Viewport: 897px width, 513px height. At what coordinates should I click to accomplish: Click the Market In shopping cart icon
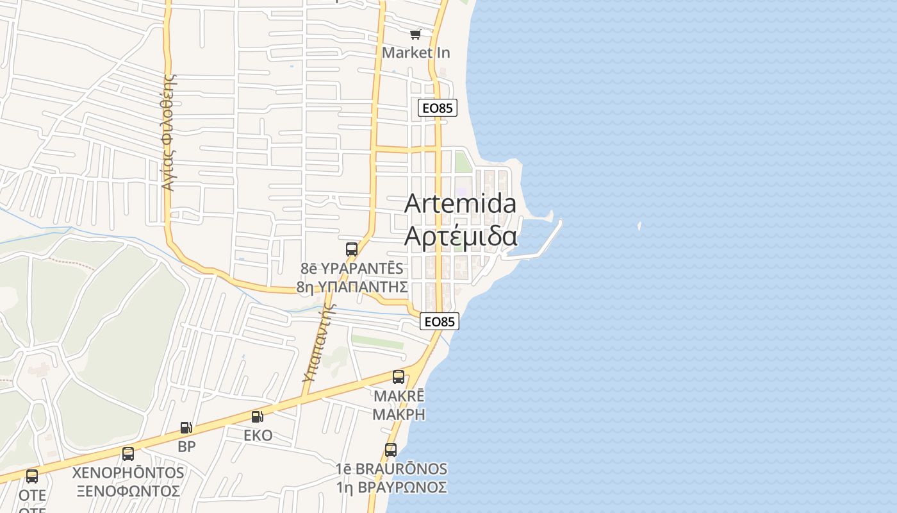tap(416, 34)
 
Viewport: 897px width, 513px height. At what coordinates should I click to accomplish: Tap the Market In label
tap(416, 53)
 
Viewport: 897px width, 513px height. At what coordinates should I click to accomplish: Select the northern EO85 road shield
tap(438, 108)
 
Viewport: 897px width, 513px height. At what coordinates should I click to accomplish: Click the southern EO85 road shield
tap(440, 321)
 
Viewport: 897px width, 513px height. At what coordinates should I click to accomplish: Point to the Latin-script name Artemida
tap(460, 203)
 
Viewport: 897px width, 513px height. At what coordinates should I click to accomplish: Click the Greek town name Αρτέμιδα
tap(460, 236)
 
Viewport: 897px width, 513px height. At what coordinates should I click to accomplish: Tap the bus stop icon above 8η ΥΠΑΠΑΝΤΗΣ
tap(352, 249)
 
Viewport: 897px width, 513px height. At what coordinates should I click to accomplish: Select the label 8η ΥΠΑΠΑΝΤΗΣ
tap(352, 286)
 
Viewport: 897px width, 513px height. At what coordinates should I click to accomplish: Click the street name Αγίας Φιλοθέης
tap(169, 132)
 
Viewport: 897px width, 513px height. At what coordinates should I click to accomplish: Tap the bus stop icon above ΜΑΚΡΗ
tap(399, 376)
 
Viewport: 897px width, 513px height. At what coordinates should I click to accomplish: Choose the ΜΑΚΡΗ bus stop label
tap(399, 414)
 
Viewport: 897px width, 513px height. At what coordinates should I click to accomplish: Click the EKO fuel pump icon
tap(257, 417)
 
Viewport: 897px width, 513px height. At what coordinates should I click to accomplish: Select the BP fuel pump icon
tap(186, 428)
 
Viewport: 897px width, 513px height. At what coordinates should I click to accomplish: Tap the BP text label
tap(186, 446)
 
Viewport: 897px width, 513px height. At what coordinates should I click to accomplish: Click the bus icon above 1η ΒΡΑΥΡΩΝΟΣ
tap(391, 450)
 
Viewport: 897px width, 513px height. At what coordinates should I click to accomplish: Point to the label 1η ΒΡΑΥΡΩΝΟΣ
tap(391, 487)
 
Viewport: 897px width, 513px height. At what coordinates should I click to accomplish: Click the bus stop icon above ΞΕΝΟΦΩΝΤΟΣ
tap(128, 454)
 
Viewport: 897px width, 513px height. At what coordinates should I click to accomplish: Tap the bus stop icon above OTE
tap(32, 476)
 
